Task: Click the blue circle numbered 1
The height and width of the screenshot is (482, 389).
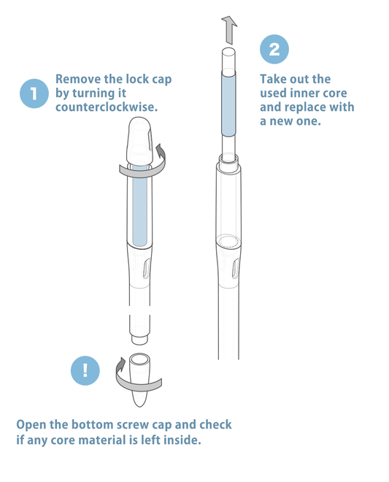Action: [34, 93]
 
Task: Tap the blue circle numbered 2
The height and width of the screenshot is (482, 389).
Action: [274, 49]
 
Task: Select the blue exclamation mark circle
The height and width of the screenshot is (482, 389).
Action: [85, 370]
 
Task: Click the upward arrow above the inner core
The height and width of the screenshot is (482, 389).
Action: [229, 30]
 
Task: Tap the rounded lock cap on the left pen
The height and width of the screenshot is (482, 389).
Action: [139, 142]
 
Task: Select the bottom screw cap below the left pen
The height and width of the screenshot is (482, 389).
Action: [139, 380]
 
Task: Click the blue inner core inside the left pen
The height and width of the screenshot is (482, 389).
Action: [140, 206]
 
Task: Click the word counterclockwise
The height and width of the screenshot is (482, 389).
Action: [107, 107]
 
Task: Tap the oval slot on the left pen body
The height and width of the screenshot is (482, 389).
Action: [147, 268]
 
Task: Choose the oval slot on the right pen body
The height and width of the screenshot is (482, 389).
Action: [235, 268]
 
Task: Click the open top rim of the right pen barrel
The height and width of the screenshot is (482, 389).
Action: [228, 158]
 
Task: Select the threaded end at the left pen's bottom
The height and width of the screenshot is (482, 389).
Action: [139, 340]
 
